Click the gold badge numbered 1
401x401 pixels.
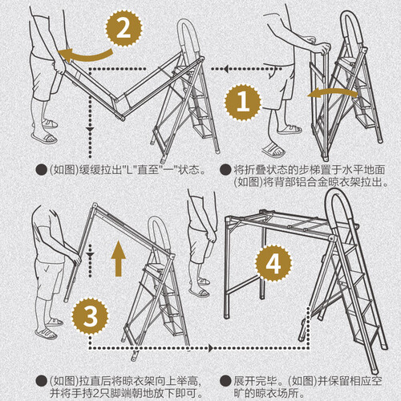coord(243,102)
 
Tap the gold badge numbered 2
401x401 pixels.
coord(124,28)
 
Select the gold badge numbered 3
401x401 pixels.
coord(90,316)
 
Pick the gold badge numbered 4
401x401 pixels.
coord(273,263)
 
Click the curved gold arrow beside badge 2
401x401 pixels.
coord(86,56)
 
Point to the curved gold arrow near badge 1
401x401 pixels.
coord(332,92)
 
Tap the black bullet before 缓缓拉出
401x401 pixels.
coord(41,170)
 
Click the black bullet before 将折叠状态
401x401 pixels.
coord(225,170)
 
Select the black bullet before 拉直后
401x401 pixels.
coord(41,381)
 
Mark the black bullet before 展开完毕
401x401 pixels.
coord(225,381)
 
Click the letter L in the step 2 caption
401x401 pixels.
coord(130,170)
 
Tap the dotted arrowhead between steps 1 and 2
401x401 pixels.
coord(226,69)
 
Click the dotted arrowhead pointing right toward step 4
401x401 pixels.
coord(212,348)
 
